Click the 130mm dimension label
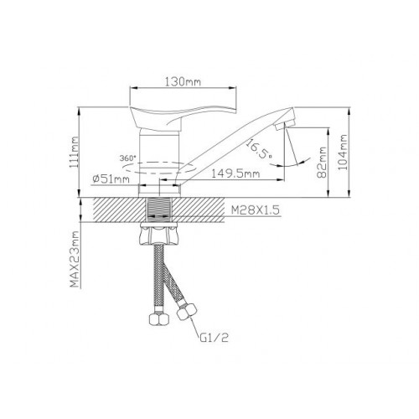[183, 82]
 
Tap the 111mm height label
[75, 153]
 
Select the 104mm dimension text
[343, 153]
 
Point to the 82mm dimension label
[322, 163]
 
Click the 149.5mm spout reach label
[235, 173]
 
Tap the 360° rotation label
[128, 158]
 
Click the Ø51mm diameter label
[111, 178]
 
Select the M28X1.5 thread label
[255, 210]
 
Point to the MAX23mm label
[75, 259]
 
